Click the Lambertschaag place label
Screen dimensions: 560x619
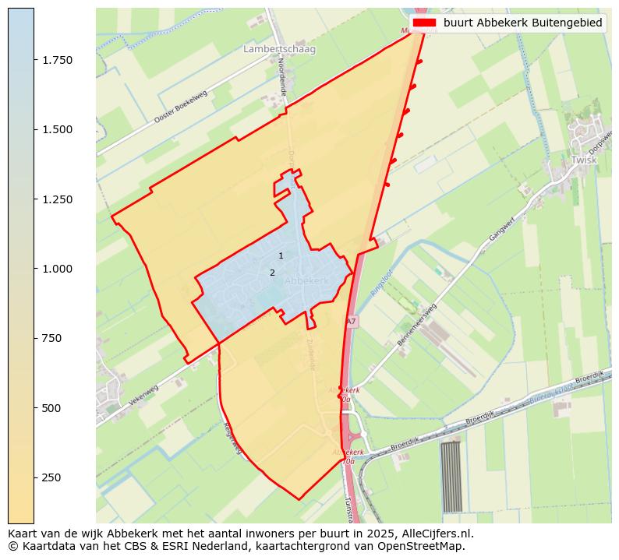point(279,49)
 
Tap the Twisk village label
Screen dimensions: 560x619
point(583,160)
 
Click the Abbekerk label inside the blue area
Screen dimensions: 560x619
point(307,280)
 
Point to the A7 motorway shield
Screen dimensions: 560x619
point(351,321)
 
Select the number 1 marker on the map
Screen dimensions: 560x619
point(281,255)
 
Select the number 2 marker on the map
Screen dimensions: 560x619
point(272,273)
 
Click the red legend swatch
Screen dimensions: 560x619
point(424,23)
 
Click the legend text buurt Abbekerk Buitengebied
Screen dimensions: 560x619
point(522,23)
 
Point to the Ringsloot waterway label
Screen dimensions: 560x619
point(381,276)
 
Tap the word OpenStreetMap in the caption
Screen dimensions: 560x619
point(423,546)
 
